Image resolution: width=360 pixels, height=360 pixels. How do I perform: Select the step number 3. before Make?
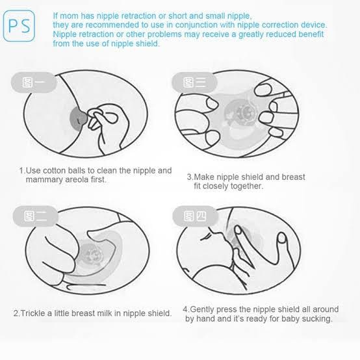click(190, 177)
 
